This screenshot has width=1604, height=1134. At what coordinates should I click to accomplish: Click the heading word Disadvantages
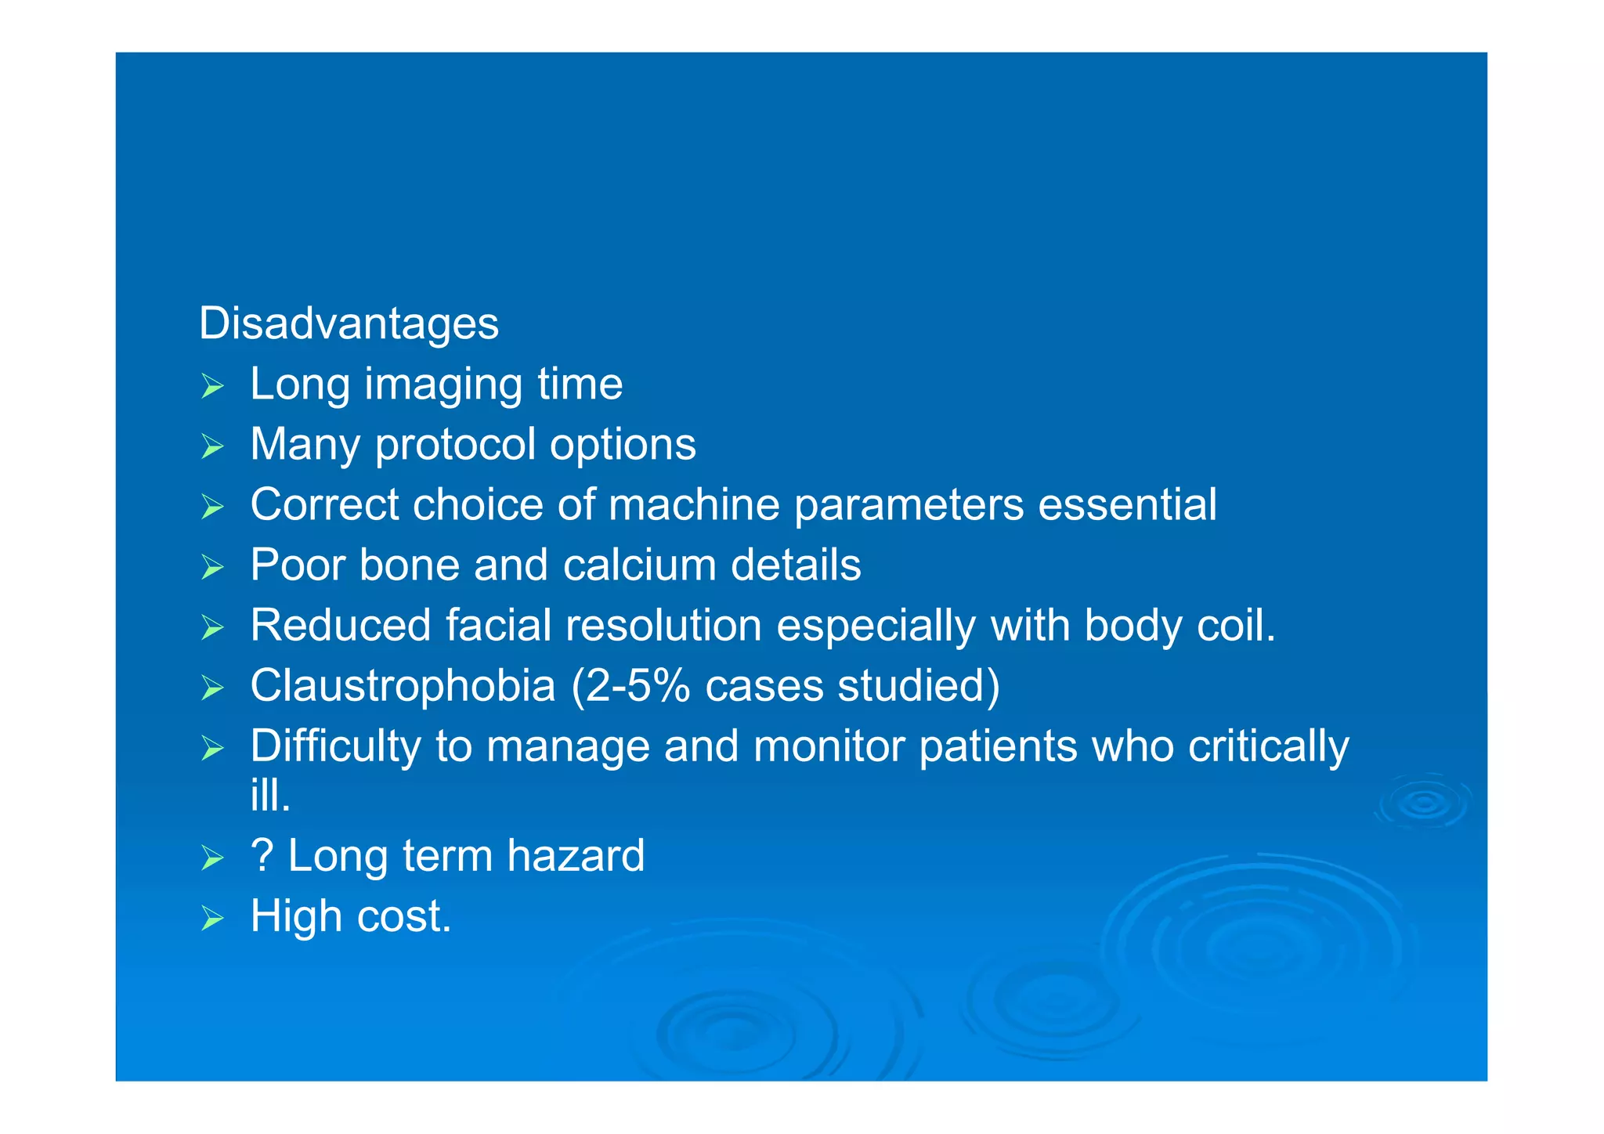click(x=349, y=323)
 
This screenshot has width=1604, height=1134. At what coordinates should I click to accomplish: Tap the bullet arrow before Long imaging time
click(x=212, y=386)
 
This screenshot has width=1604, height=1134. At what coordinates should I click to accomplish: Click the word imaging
click(x=443, y=385)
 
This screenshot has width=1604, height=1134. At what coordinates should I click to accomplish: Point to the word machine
click(x=693, y=504)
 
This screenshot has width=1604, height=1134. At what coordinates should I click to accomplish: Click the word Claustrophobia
click(x=403, y=686)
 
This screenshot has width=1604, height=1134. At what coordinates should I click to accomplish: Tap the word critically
click(x=1268, y=746)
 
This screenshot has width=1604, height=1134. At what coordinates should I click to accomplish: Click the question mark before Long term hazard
click(x=262, y=855)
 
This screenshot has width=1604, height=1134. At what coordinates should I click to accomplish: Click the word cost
click(x=404, y=916)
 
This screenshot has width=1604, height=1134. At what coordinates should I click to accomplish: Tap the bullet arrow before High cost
click(x=212, y=917)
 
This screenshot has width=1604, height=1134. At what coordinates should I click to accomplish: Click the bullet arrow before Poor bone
click(x=212, y=566)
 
